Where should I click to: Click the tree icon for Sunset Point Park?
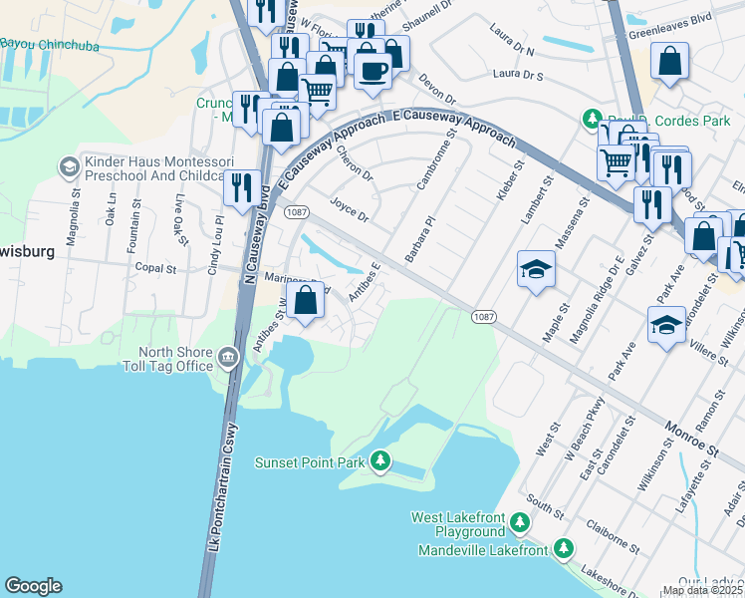click(x=379, y=460)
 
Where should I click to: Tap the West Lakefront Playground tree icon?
click(x=519, y=521)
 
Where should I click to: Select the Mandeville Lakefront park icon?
click(x=563, y=548)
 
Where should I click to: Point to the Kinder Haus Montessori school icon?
click(x=69, y=166)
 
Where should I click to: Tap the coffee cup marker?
click(x=373, y=72)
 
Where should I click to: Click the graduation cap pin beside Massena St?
click(x=536, y=269)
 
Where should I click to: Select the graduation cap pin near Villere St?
click(x=667, y=324)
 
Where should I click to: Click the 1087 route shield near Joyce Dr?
click(x=295, y=212)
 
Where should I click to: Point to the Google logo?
click(x=33, y=586)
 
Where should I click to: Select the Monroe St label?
click(x=691, y=439)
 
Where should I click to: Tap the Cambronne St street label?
click(x=436, y=164)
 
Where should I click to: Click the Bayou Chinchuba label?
click(x=44, y=44)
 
